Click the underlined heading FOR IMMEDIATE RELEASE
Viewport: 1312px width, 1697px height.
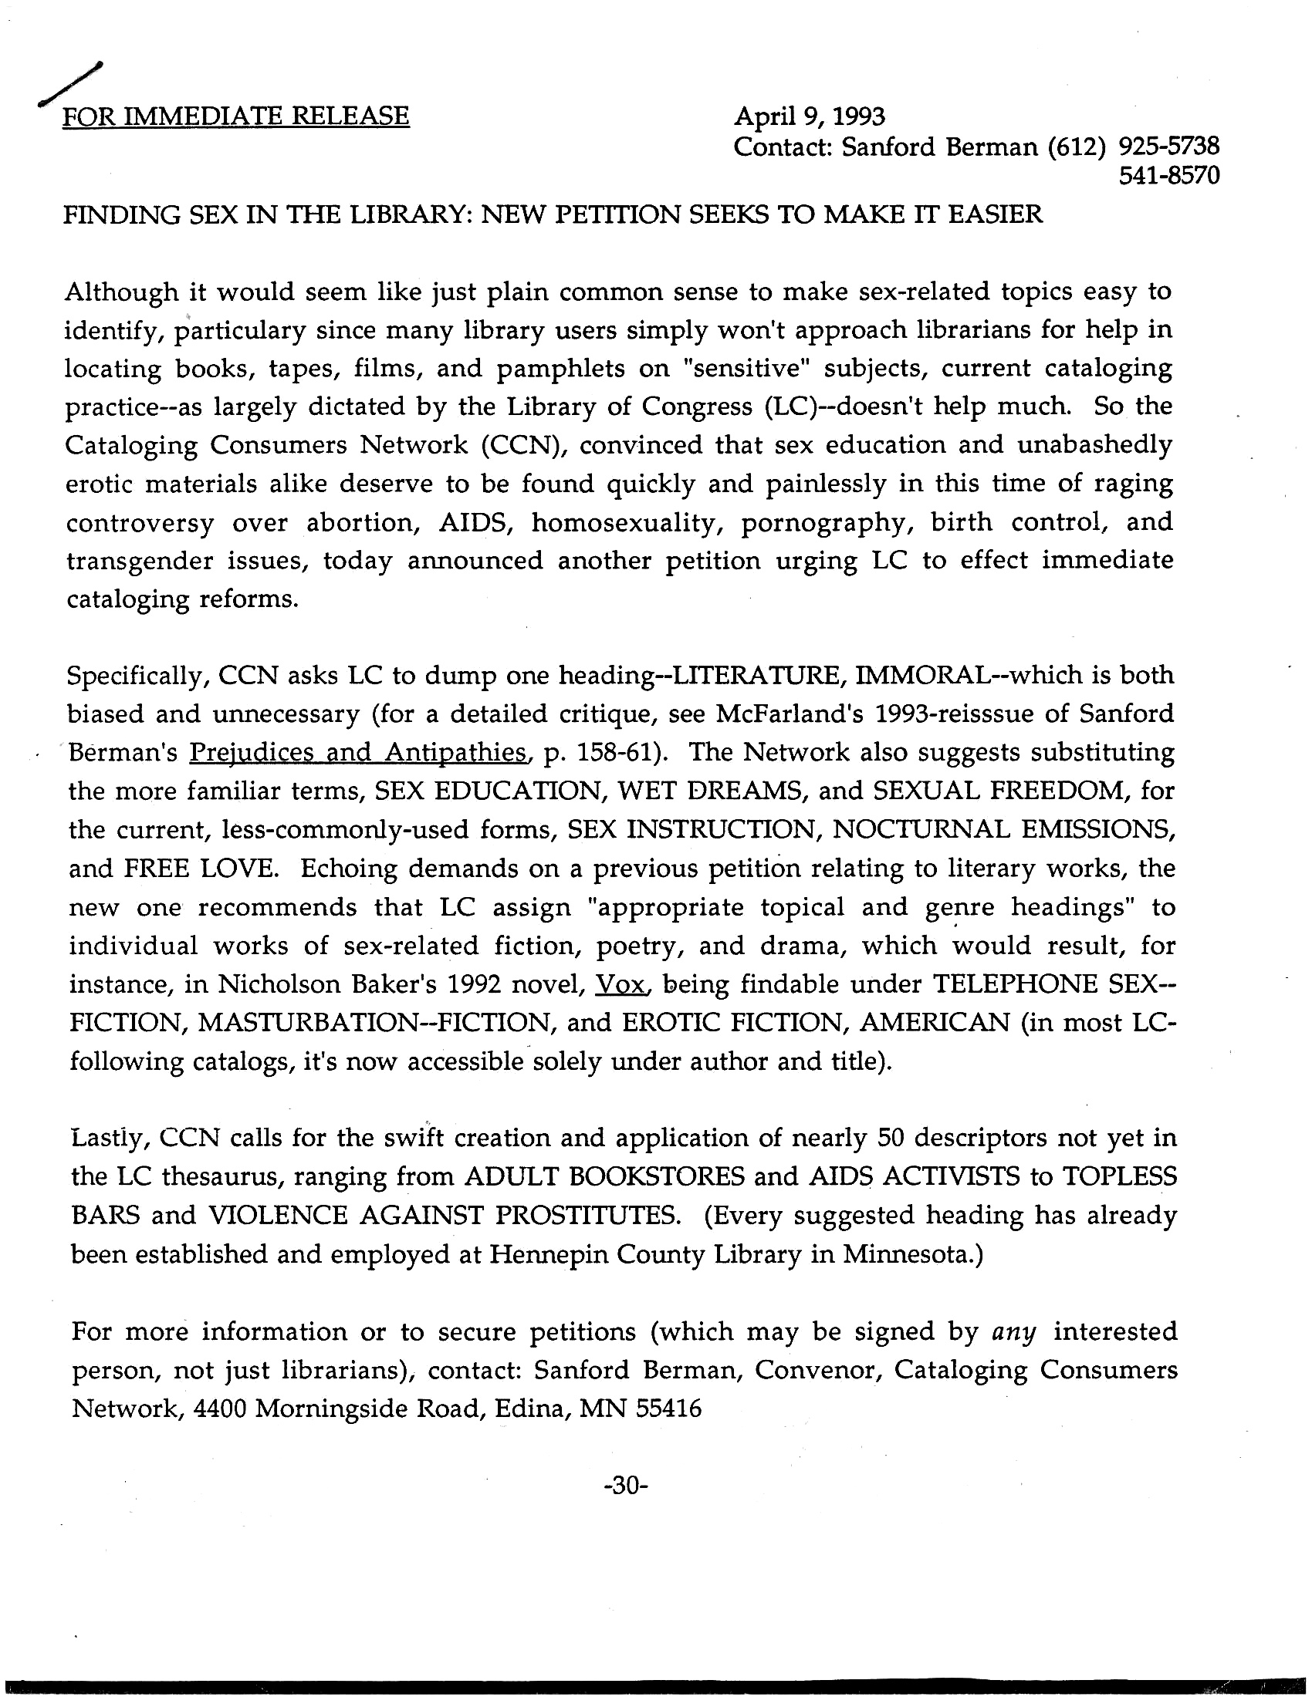(235, 116)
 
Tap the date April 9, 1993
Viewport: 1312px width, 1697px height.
(809, 116)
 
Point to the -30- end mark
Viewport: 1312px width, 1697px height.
(626, 1486)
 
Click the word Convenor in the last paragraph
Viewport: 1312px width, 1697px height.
(817, 1369)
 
